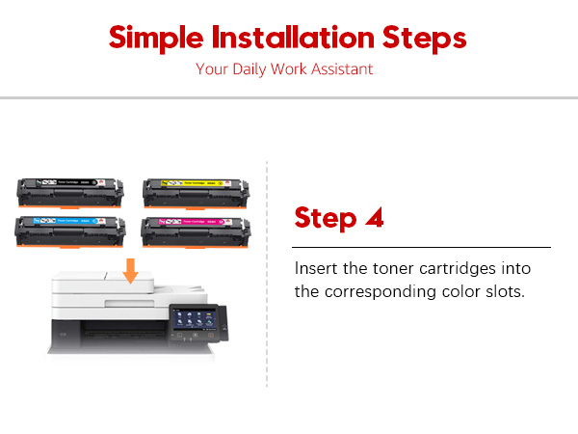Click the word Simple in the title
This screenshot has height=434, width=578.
click(x=153, y=38)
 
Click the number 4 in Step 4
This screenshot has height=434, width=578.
click(x=373, y=217)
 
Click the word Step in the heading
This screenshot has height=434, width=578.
click(x=325, y=217)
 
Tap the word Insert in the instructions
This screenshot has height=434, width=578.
click(x=315, y=267)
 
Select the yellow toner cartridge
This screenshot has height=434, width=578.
click(x=197, y=193)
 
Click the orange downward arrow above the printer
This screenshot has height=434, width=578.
click(x=130, y=273)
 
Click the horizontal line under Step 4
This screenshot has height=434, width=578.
click(x=422, y=248)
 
